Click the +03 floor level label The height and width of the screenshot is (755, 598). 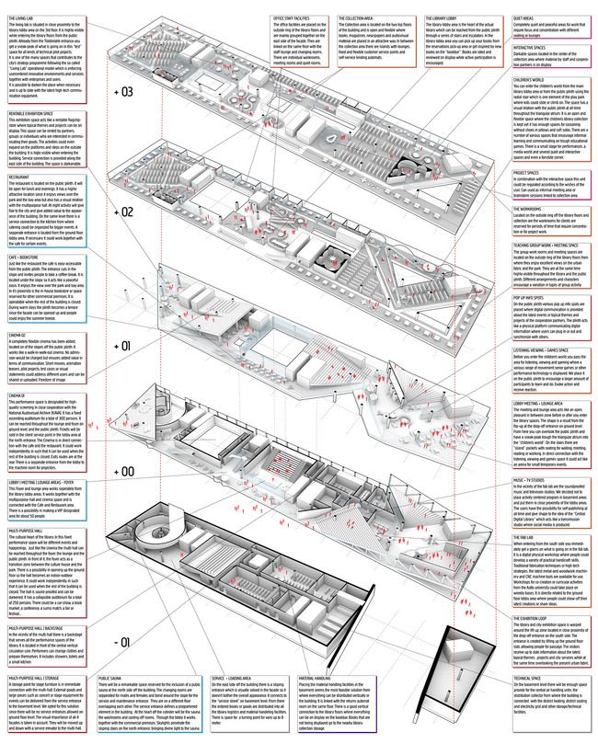pyautogui.click(x=123, y=93)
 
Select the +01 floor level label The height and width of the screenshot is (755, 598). pyautogui.click(x=123, y=347)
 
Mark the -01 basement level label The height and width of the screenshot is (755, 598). pyautogui.click(x=123, y=641)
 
